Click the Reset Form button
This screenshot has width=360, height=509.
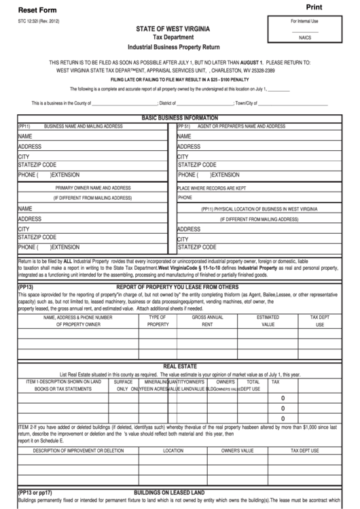[36, 10]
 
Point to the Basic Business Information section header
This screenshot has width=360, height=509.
[179, 118]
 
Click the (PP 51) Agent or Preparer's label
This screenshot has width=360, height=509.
[232, 126]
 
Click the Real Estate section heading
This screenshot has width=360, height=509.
[179, 366]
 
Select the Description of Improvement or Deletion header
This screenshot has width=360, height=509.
[78, 451]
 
